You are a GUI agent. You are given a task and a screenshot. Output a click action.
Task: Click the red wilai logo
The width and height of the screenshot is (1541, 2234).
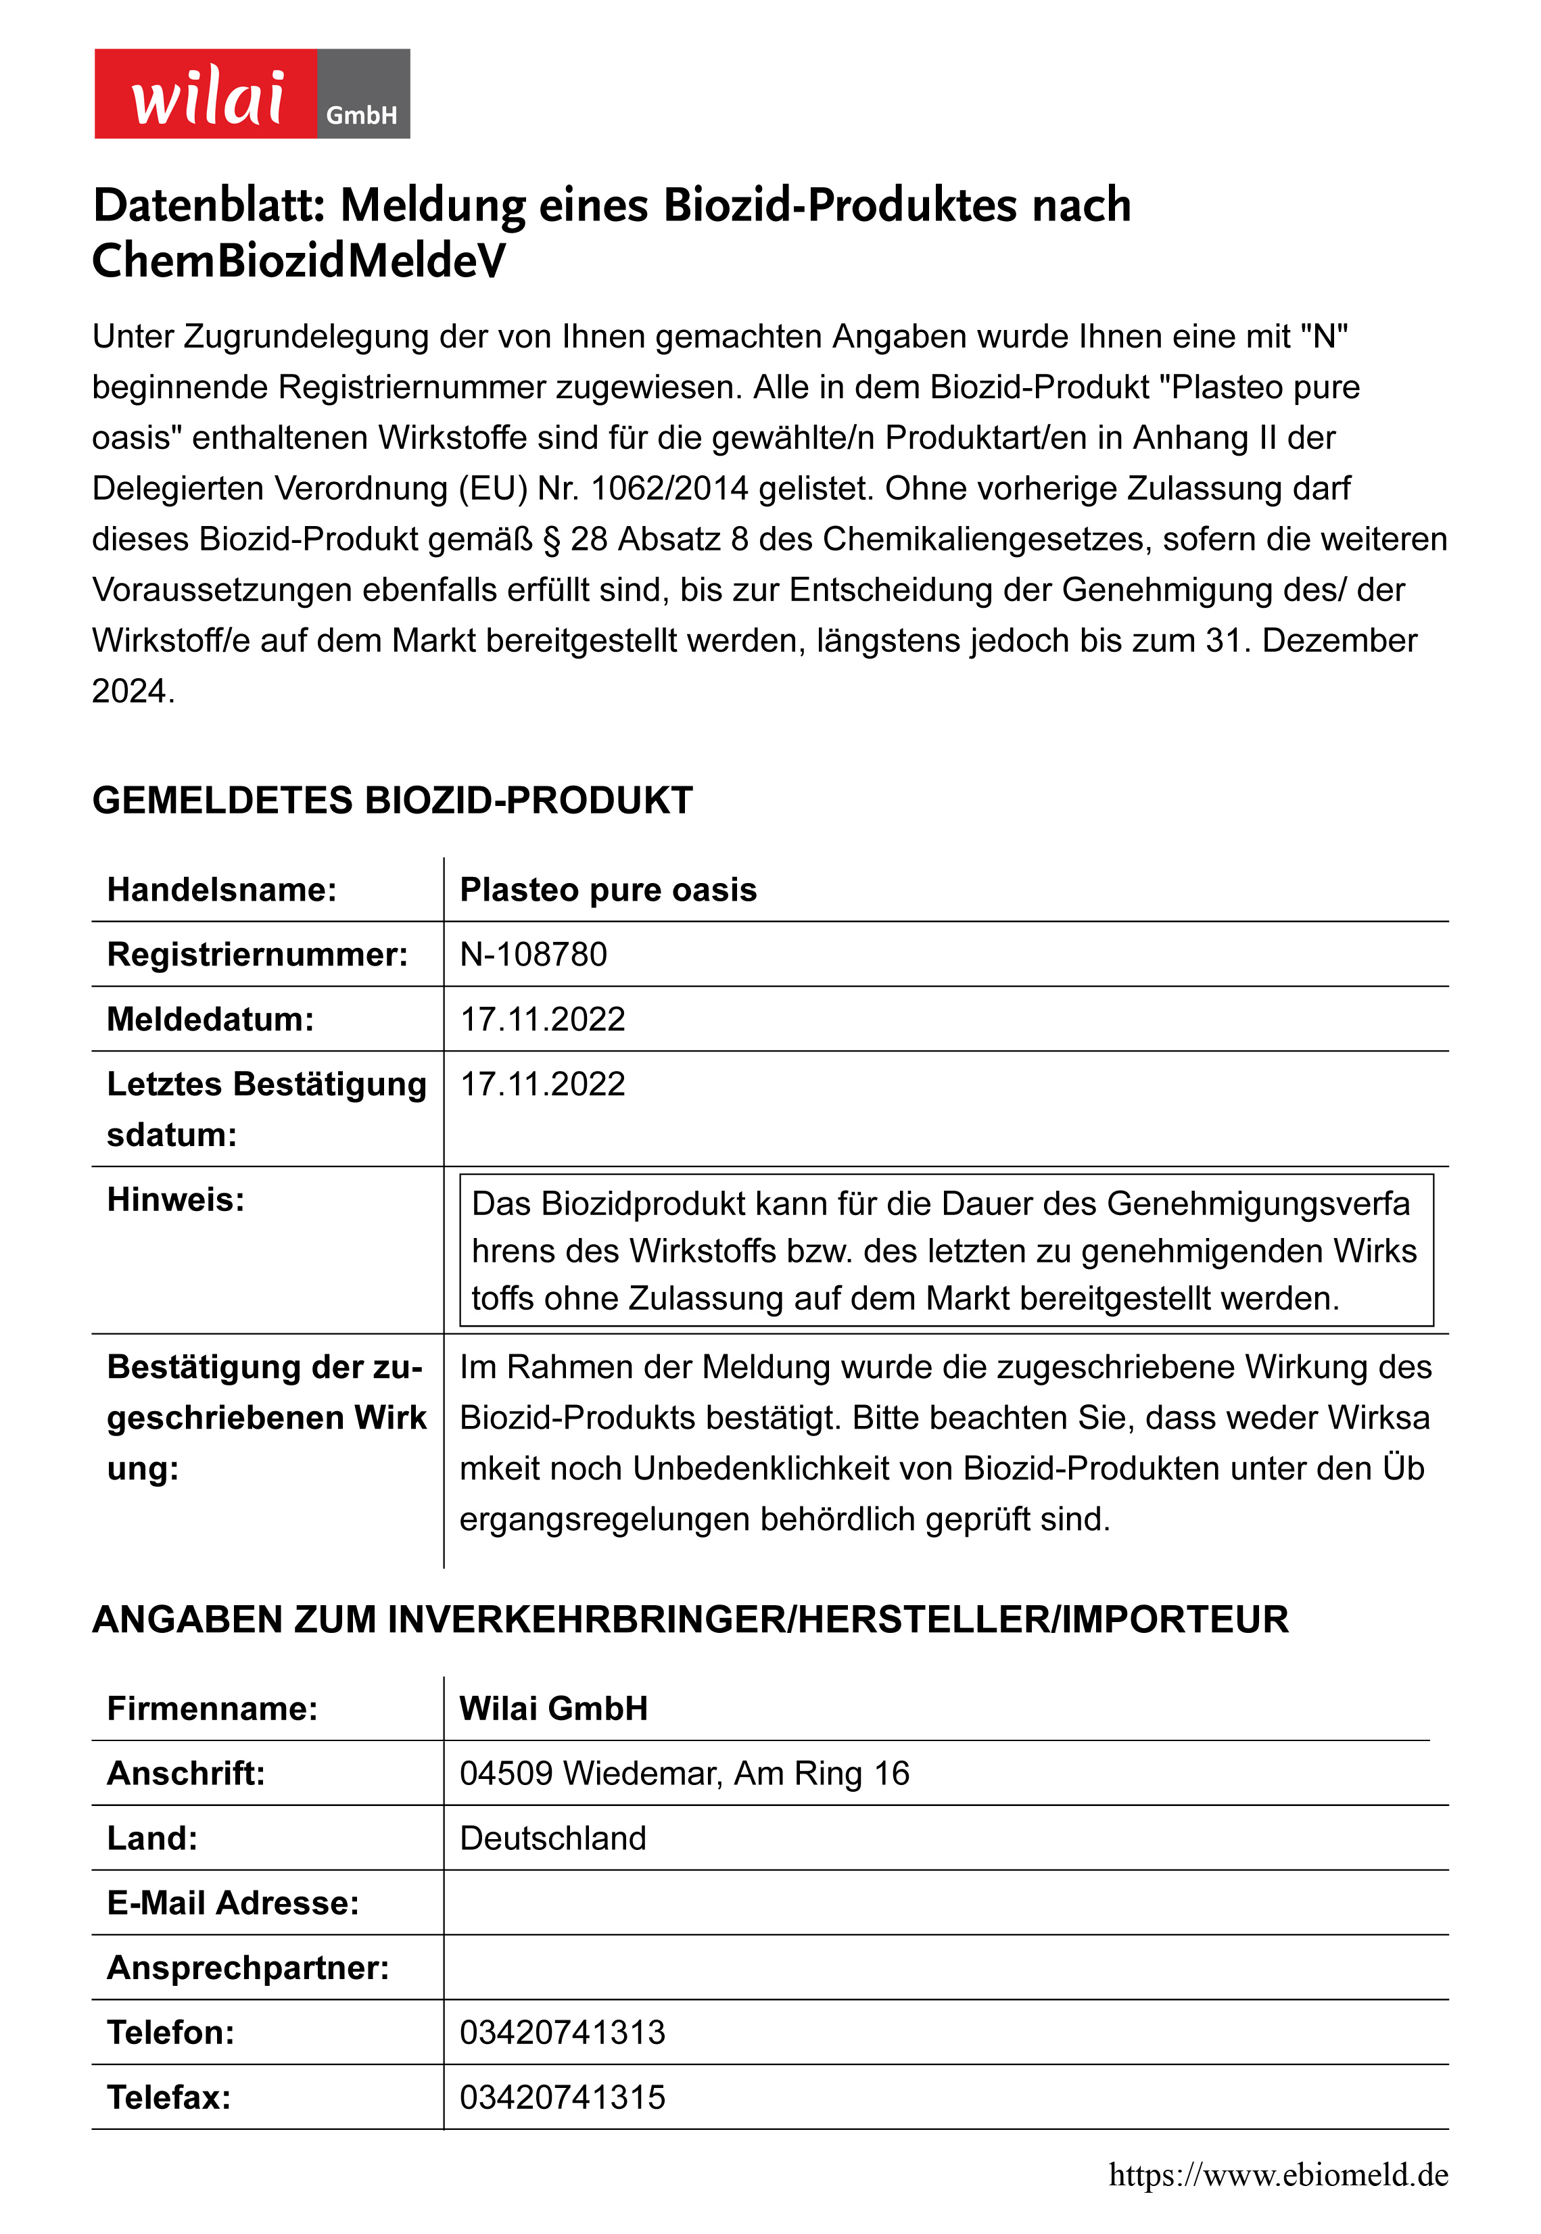(x=206, y=93)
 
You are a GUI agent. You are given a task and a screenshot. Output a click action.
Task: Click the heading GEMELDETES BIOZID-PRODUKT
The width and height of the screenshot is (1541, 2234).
(x=392, y=801)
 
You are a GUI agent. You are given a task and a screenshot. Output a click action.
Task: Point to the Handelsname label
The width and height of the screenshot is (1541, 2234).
(x=222, y=889)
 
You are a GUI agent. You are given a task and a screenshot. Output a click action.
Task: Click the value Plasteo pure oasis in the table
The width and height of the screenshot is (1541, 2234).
(x=609, y=889)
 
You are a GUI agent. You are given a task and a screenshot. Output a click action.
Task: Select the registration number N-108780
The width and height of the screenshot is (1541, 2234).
(x=533, y=954)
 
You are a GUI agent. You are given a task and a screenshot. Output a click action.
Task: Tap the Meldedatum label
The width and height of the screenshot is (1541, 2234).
(x=210, y=1018)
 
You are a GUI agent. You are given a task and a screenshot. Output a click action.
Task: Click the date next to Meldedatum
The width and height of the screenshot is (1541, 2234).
(x=543, y=1018)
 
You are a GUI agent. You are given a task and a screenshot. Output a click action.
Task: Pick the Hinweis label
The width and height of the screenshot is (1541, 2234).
(x=176, y=1199)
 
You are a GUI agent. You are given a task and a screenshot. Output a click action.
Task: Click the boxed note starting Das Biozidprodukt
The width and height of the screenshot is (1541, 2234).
(x=946, y=1250)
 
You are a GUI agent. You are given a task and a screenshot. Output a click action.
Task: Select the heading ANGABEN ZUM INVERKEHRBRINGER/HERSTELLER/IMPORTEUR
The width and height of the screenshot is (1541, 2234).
(x=690, y=1619)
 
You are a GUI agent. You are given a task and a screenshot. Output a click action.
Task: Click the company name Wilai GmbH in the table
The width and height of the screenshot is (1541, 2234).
(x=553, y=1708)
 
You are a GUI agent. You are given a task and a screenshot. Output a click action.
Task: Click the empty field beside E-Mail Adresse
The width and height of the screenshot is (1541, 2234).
(x=946, y=1902)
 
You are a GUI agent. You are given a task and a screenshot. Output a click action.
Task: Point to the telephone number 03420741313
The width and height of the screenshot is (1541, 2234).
(x=563, y=2033)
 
